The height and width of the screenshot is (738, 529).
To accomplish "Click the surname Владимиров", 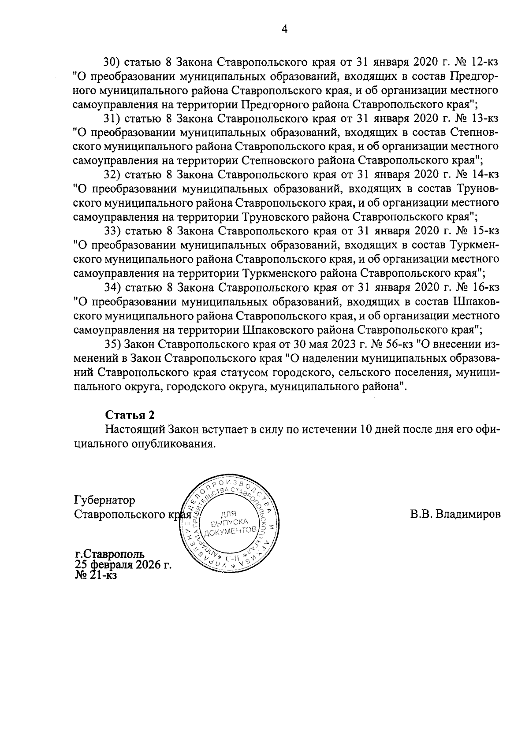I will (468, 514).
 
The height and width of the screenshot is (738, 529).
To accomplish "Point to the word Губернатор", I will (105, 501).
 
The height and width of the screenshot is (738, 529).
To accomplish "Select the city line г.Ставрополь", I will (109, 555).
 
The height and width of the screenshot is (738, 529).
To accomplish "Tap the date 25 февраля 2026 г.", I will (123, 565).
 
